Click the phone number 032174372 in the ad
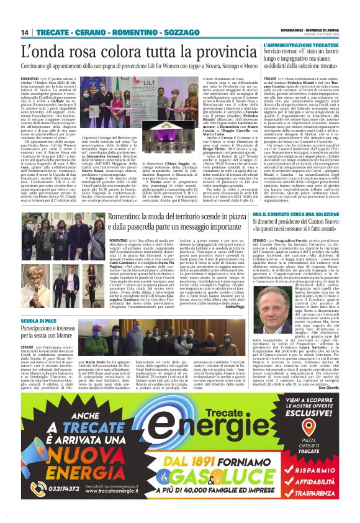[35, 489]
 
